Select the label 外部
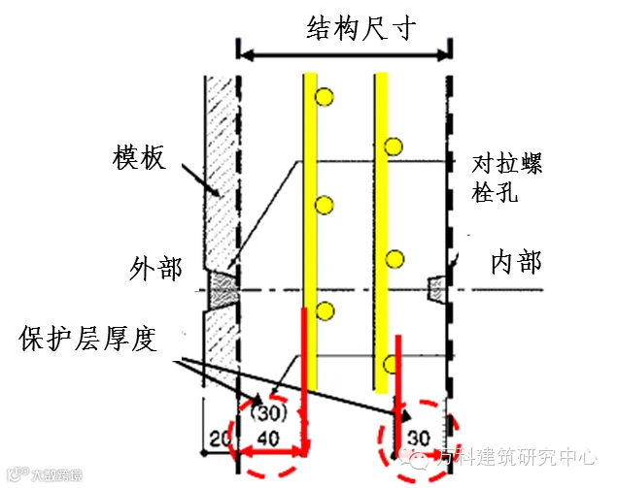point(154,268)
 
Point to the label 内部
point(515,262)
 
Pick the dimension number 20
point(218,440)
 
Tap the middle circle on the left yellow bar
point(325,204)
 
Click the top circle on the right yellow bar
point(393,147)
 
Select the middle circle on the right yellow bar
point(393,258)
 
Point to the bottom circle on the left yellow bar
point(325,311)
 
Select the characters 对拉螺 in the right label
point(506,163)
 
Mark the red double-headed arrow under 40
point(273,453)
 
